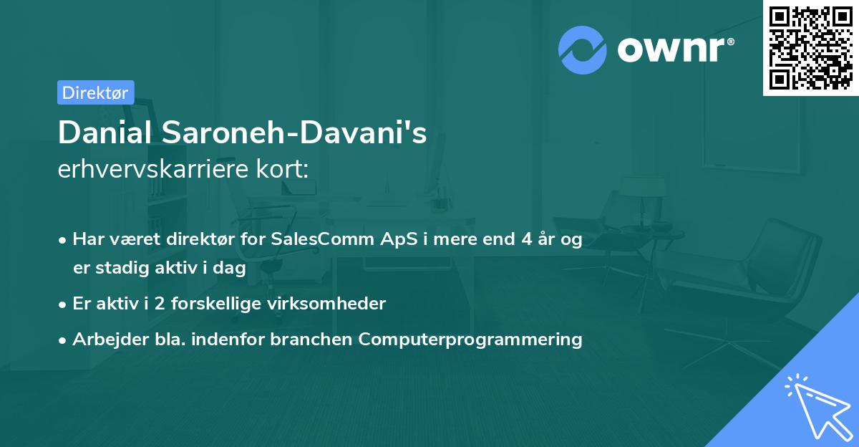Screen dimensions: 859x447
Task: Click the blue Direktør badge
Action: (96, 92)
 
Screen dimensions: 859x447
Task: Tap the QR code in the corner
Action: (810, 48)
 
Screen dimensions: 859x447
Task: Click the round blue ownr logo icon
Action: (582, 50)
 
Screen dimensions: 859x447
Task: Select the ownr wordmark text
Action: (671, 49)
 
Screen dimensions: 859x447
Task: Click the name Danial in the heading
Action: (105, 133)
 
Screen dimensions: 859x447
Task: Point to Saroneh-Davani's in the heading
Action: (294, 133)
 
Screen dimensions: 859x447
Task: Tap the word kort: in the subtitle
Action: (282, 169)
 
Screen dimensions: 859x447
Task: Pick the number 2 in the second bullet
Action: (160, 304)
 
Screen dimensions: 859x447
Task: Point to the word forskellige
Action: (216, 304)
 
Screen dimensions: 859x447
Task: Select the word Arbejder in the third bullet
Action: (110, 340)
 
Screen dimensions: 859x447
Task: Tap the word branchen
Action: (311, 339)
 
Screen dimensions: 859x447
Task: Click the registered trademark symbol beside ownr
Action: (730, 42)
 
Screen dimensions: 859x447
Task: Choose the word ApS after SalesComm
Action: (399, 240)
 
